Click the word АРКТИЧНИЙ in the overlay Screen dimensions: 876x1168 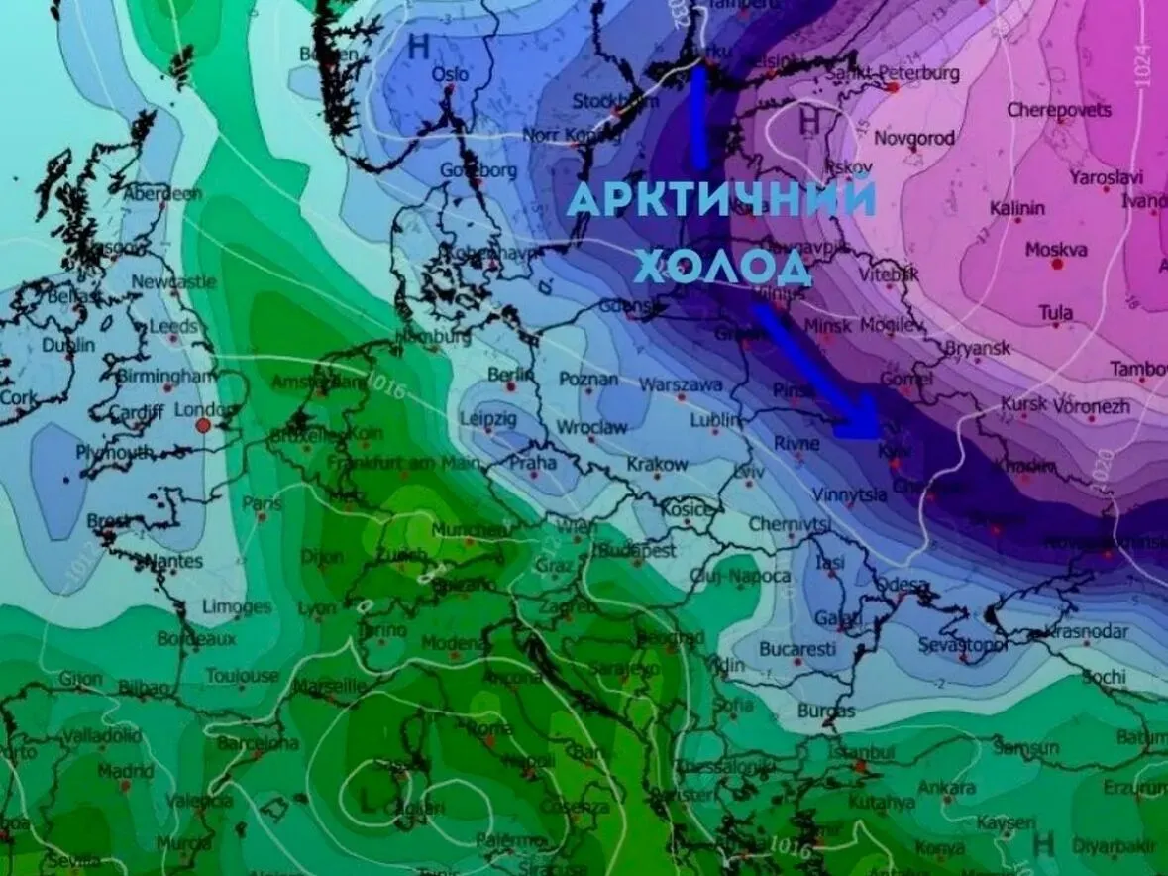[722, 199]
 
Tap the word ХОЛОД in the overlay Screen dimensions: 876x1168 [722, 266]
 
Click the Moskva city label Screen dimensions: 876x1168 [1055, 250]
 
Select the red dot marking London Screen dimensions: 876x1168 [203, 425]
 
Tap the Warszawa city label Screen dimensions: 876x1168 [681, 383]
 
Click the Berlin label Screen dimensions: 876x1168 [510, 375]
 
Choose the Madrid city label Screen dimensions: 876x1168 [125, 770]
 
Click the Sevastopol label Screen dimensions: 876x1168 [962, 645]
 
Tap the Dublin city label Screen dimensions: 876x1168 [68, 345]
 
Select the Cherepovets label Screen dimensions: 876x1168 [1059, 110]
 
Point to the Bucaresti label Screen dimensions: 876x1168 [797, 649]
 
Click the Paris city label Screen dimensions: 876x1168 [263, 503]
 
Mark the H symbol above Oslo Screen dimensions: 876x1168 [418, 45]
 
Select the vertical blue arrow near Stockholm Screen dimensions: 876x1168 [699, 117]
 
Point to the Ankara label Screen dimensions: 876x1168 [947, 788]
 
